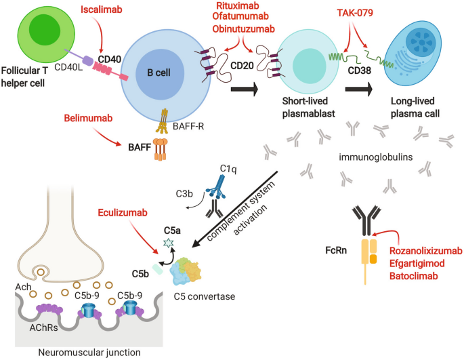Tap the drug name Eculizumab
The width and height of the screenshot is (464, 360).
124,214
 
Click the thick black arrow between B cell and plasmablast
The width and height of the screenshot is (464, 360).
243,88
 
